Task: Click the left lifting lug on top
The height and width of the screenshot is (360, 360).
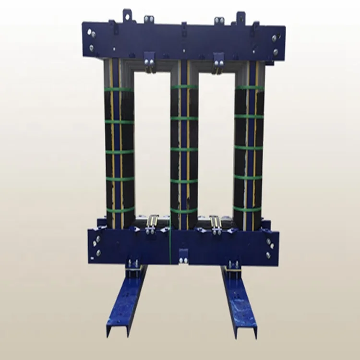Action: (x=127, y=15)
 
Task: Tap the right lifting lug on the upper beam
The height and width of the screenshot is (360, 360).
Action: (x=240, y=17)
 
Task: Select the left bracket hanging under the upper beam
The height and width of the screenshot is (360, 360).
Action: (x=150, y=61)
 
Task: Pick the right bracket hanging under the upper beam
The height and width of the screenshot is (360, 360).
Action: (x=218, y=61)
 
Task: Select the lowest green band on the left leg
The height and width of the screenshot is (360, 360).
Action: (x=120, y=210)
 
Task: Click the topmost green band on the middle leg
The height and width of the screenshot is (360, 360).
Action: (x=184, y=87)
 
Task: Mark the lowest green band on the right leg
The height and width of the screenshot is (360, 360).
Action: (x=248, y=209)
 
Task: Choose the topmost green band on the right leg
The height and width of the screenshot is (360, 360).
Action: (x=249, y=87)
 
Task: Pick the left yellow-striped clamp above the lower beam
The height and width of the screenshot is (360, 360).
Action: (x=153, y=222)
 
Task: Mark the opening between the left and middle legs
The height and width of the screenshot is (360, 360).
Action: (x=152, y=144)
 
